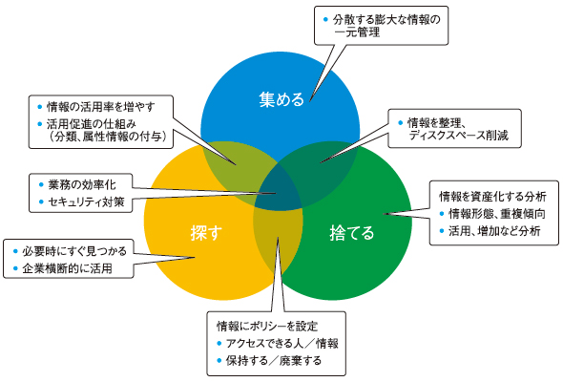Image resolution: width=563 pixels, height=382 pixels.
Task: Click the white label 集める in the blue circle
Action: pyautogui.click(x=281, y=99)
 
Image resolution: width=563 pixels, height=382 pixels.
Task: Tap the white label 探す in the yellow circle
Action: pyautogui.click(x=206, y=232)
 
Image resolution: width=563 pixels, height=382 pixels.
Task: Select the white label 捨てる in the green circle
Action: pyautogui.click(x=352, y=233)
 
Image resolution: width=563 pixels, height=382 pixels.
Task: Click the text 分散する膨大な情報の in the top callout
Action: pyautogui.click(x=386, y=19)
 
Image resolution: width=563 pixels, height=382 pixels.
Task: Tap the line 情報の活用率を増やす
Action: pyautogui.click(x=101, y=107)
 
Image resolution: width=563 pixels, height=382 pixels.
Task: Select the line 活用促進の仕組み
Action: pyautogui.click(x=92, y=124)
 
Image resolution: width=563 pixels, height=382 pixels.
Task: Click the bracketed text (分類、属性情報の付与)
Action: pyautogui.click(x=108, y=137)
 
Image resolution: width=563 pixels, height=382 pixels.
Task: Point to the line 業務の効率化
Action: pyautogui.click(x=82, y=184)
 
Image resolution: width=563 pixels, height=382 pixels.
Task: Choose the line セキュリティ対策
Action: pyautogui.click(x=86, y=202)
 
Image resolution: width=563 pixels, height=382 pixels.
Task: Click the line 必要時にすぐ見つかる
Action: pyautogui.click(x=74, y=251)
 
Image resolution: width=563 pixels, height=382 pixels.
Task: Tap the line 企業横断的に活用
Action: pyautogui.click(x=67, y=268)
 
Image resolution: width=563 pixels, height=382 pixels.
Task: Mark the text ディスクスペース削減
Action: pyautogui.click(x=459, y=136)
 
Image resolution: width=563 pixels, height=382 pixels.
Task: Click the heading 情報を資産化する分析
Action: pyautogui.click(x=492, y=196)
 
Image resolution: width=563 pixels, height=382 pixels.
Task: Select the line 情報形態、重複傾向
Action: pyautogui.click(x=497, y=214)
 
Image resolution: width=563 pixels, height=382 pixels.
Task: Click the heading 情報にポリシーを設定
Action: pyautogui.click(x=267, y=327)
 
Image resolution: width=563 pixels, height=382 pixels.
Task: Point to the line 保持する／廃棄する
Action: pyautogui.click(x=274, y=360)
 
